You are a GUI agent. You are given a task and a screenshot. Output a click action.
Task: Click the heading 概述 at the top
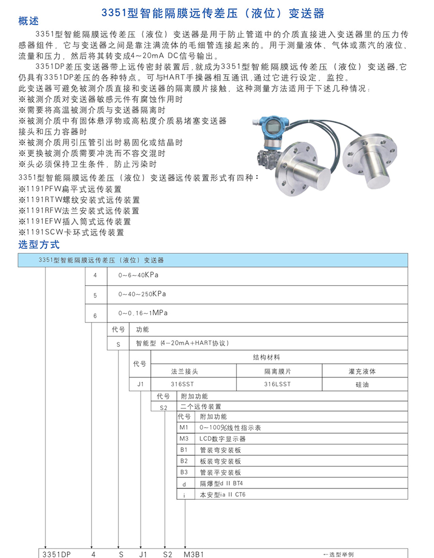coord(29,21)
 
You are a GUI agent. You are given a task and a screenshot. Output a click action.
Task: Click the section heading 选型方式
coord(39,245)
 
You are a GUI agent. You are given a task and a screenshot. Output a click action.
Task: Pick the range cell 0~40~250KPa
coord(142,294)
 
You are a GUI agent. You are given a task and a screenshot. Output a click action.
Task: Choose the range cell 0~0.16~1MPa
coord(143,313)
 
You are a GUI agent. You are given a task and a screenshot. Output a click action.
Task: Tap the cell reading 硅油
coord(362,385)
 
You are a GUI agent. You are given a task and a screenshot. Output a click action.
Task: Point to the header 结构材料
coord(267,358)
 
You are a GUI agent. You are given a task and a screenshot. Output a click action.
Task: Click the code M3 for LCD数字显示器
coord(184,439)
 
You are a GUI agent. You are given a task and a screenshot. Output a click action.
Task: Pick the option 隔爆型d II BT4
coord(222,483)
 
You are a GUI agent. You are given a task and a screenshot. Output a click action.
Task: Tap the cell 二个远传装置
coord(201,407)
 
